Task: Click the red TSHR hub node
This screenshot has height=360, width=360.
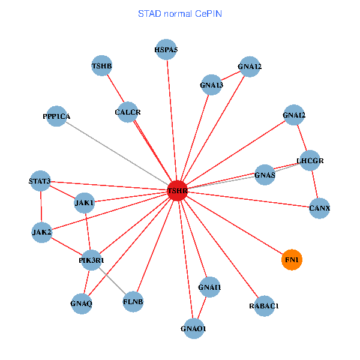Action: coord(178,191)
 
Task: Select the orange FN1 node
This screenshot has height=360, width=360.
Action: coord(292,260)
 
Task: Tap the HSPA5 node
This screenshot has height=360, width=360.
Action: coord(166,50)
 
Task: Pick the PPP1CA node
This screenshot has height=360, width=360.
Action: coord(60,116)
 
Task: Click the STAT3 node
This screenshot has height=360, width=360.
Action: coord(40,181)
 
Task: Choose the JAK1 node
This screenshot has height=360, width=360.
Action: coord(85,203)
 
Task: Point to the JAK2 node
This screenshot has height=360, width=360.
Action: coord(41,232)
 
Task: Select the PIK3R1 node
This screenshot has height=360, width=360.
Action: coord(92,260)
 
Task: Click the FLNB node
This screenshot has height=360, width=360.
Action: coord(133,301)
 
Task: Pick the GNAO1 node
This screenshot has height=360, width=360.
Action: coord(193,328)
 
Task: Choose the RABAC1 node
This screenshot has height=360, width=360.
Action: coord(264,305)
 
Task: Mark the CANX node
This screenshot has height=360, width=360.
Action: coord(320,208)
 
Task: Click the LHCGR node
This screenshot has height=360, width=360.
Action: coord(311,161)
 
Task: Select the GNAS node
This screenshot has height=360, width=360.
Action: coord(265,175)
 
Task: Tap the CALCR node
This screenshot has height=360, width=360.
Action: coord(127,112)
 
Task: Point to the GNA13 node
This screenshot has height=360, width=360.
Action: coord(211,85)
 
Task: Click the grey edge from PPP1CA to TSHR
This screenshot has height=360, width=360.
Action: coord(120,154)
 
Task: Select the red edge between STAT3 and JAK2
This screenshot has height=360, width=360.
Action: coord(41,206)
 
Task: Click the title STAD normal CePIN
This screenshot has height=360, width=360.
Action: coord(180,13)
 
